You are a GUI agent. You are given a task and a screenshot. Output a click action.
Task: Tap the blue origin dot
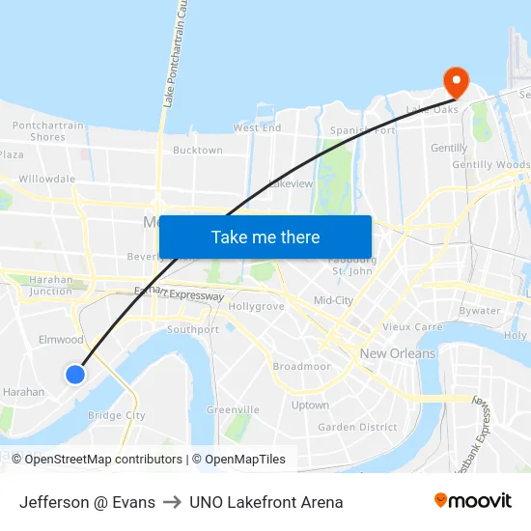coord(75,374)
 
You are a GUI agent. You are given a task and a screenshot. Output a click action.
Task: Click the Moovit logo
coord(473,501)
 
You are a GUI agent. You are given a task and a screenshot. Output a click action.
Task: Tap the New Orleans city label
coord(397,353)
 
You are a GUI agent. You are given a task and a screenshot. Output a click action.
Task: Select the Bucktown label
coord(197,151)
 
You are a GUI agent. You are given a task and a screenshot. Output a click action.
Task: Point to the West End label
coord(257,127)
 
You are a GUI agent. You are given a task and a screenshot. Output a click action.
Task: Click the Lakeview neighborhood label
coord(291,183)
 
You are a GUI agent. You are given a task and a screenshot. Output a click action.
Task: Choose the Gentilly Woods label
coord(491,165)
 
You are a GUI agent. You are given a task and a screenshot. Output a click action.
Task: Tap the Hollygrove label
coord(257,306)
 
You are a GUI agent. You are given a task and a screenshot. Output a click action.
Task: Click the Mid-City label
coord(333,300)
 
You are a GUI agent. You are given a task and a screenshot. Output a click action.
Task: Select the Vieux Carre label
coord(412,327)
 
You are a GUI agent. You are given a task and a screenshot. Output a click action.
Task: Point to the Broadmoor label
coord(301,367)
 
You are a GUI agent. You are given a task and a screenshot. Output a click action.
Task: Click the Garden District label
coord(357,427)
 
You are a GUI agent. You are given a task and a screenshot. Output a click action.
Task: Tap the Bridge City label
coord(116,416)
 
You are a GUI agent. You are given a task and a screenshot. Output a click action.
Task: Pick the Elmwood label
coord(61,340)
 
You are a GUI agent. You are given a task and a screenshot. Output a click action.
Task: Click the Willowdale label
coord(46,179)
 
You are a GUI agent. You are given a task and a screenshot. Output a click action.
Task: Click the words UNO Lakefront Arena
coord(265,502)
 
